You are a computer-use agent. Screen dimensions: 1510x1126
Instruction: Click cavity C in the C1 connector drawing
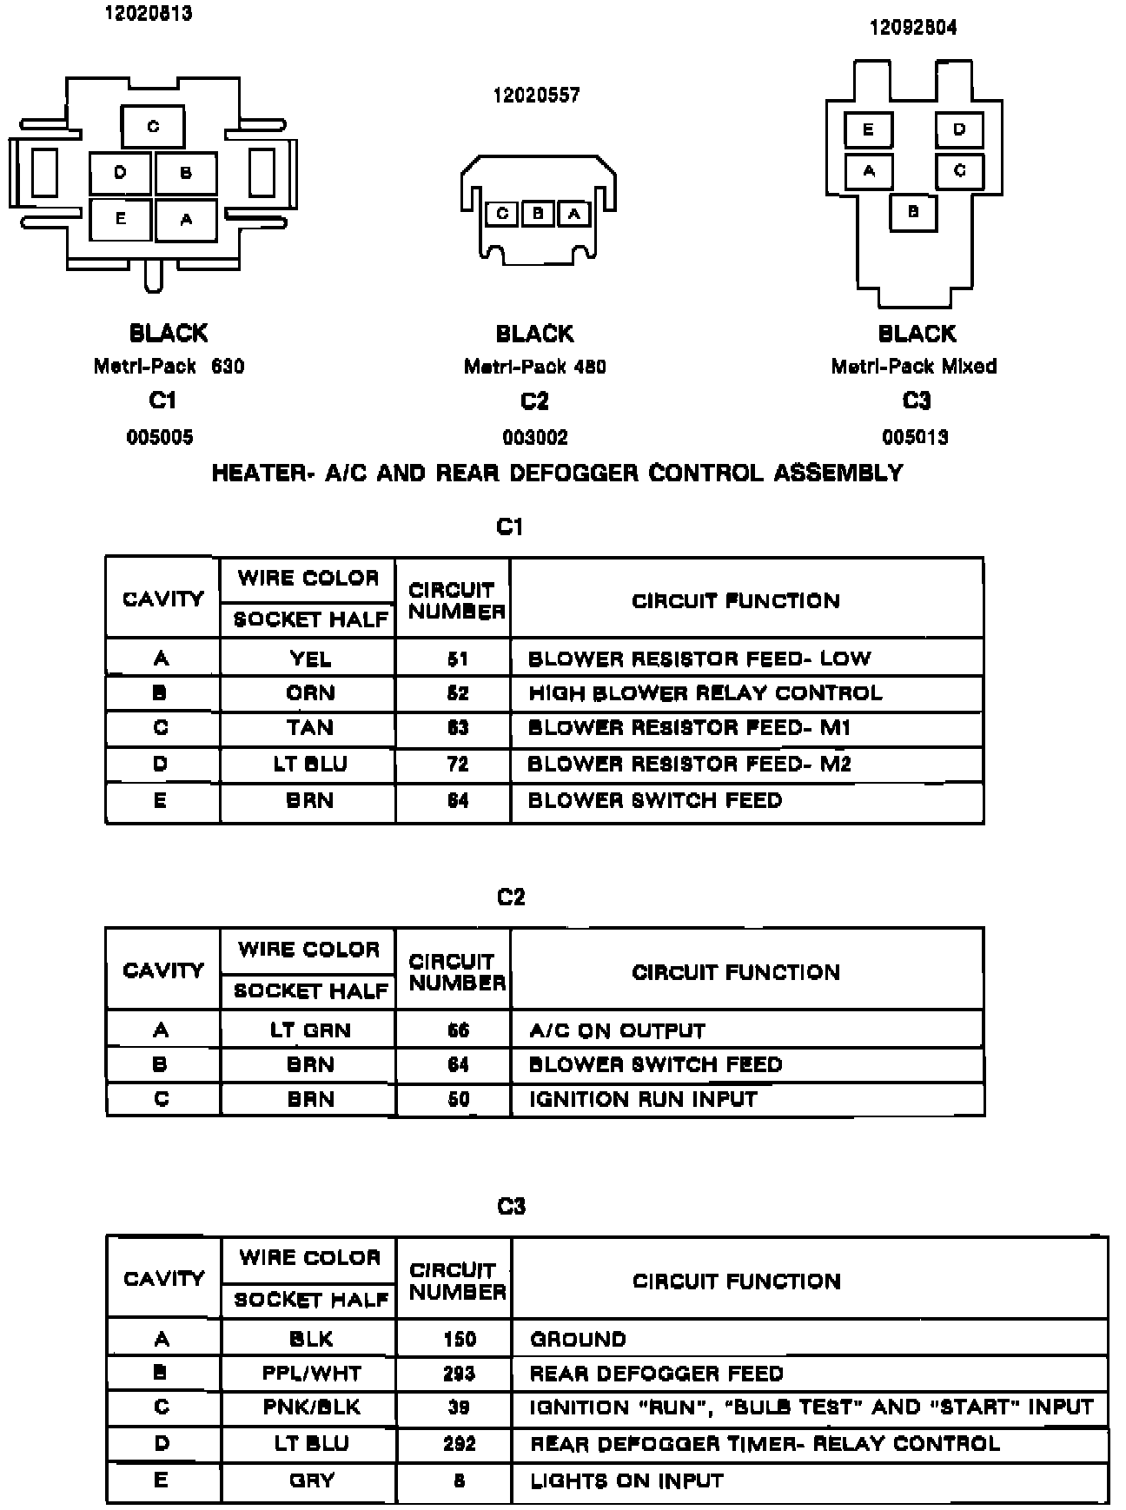[153, 127]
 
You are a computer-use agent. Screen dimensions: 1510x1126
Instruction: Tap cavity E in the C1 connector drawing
[121, 219]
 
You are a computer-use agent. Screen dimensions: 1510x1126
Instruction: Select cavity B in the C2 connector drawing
[538, 213]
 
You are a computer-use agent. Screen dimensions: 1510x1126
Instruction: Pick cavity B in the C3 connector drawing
[913, 211]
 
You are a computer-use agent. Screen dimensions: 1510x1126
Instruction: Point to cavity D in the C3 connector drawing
[959, 129]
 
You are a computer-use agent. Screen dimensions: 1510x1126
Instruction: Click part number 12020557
[536, 95]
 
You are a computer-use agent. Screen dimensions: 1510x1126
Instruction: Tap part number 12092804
[913, 28]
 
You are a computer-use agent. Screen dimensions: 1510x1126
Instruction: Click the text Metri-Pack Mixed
[913, 366]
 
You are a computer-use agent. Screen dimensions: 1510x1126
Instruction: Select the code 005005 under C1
[160, 437]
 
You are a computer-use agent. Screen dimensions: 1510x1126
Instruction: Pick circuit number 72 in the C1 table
[457, 764]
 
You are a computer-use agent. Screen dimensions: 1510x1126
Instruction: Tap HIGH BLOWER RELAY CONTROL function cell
[705, 693]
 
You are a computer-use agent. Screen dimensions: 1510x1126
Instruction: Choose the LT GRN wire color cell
[309, 1030]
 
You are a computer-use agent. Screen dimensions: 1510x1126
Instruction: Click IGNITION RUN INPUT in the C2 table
[643, 1099]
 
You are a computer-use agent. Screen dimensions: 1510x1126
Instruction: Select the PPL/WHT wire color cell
[310, 1374]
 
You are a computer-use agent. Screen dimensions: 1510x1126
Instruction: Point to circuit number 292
[459, 1443]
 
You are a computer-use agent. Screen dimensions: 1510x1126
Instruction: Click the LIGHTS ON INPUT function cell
[626, 1480]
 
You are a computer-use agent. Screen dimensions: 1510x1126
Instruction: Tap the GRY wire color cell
[310, 1480]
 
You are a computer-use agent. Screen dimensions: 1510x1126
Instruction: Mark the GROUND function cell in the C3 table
[578, 1339]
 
